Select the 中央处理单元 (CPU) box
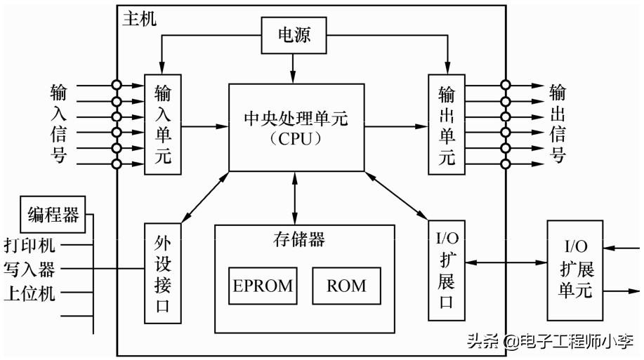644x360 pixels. click(296, 127)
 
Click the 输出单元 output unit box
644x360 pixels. click(447, 124)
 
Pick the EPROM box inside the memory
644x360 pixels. click(262, 285)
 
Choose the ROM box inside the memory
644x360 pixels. click(346, 285)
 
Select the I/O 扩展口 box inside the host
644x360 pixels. click(447, 269)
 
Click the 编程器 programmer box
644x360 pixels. click(53, 214)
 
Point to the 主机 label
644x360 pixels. click(140, 19)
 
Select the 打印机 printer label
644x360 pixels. click(29, 246)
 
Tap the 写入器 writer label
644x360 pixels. click(29, 269)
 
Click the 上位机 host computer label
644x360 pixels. click(29, 293)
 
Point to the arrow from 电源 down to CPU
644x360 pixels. click(294, 68)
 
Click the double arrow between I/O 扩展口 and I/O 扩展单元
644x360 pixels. click(506, 262)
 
